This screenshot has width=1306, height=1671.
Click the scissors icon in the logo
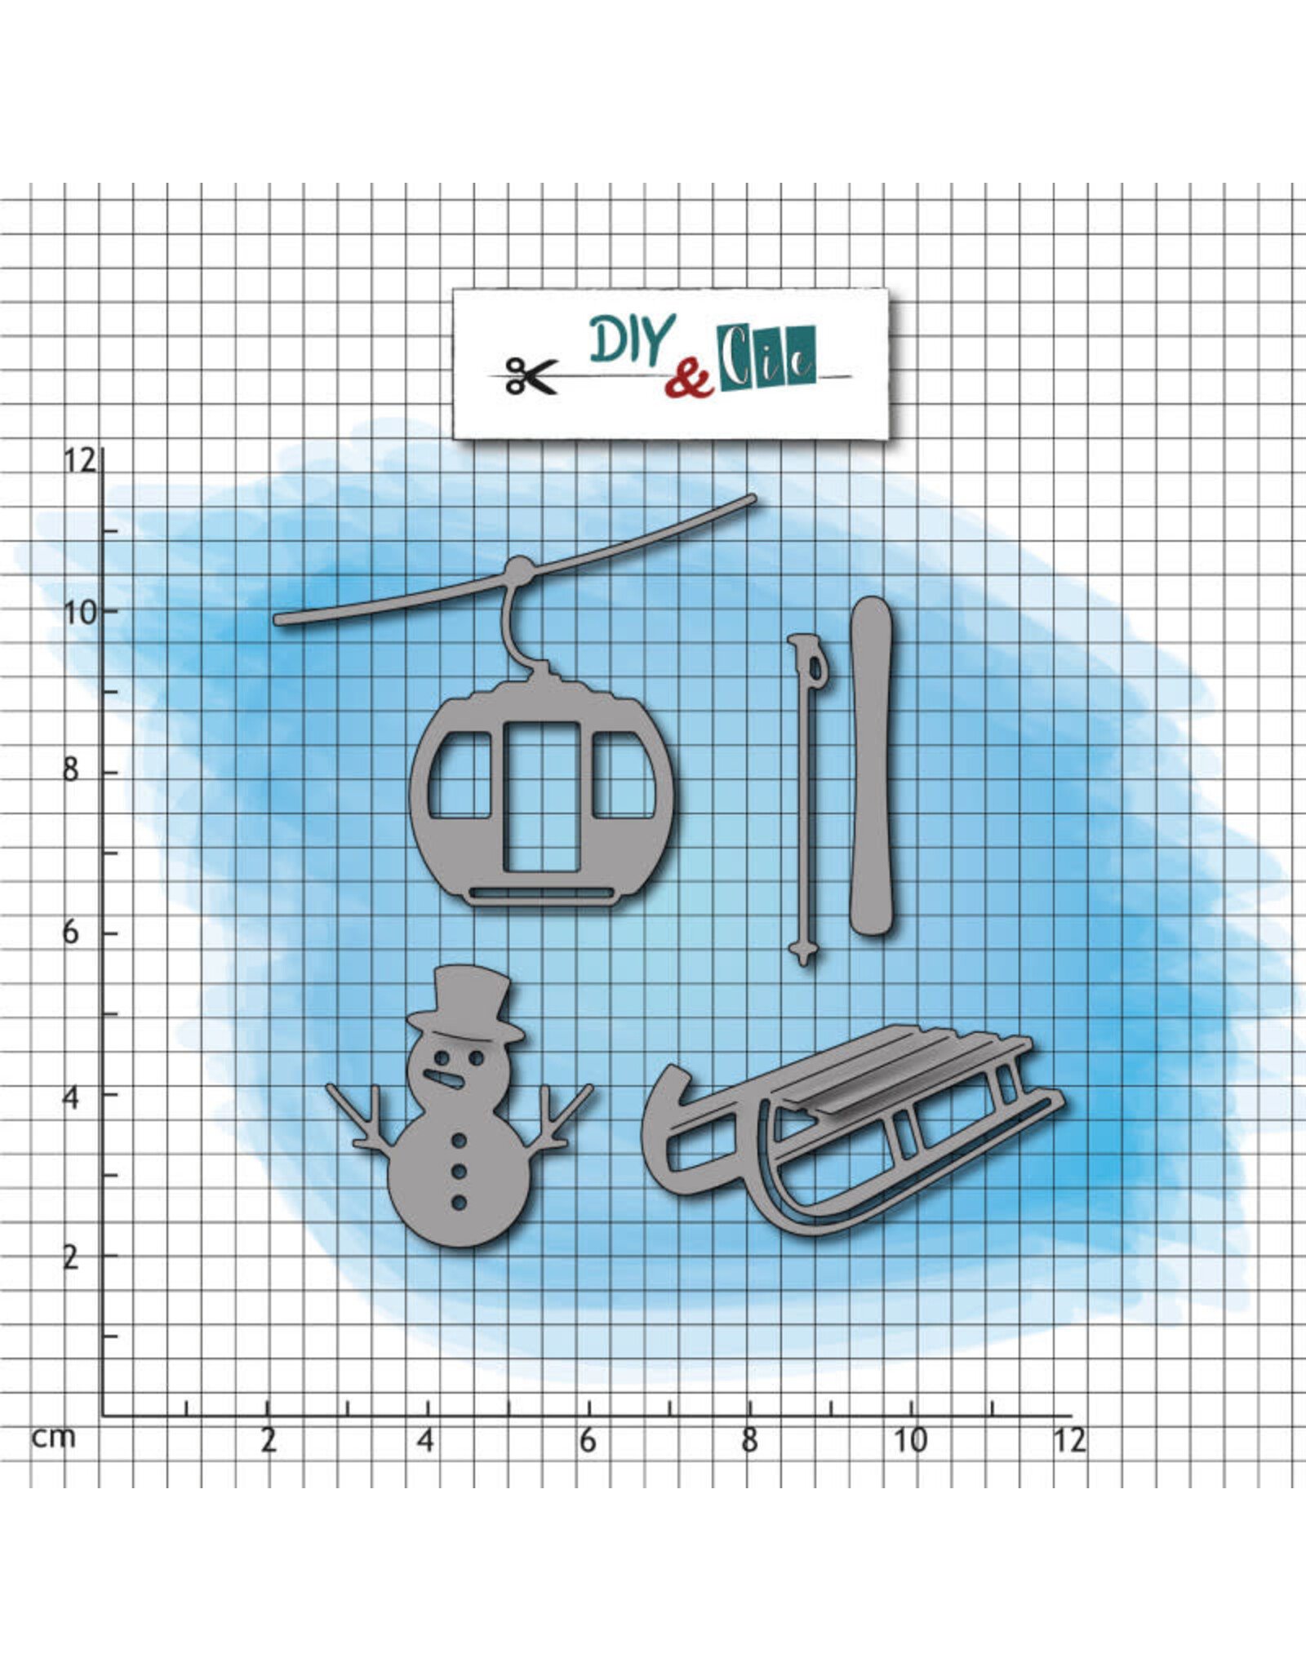(531, 375)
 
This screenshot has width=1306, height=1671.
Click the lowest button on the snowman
(459, 1203)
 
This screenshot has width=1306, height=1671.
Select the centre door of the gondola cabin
(541, 797)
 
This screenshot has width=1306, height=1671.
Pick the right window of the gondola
(624, 775)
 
